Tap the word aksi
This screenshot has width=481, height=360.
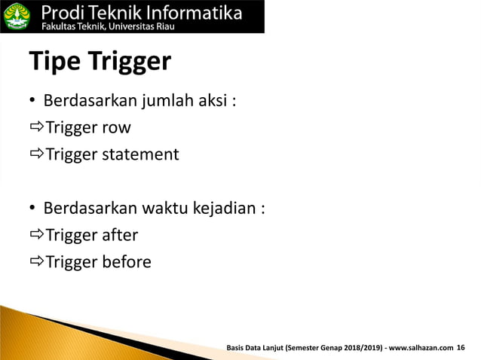point(212,101)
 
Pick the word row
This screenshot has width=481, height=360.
point(116,128)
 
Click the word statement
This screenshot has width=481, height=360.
point(140,154)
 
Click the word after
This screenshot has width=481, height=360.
point(120,235)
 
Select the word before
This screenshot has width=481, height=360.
point(127,262)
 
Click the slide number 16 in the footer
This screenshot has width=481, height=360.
point(461,347)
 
